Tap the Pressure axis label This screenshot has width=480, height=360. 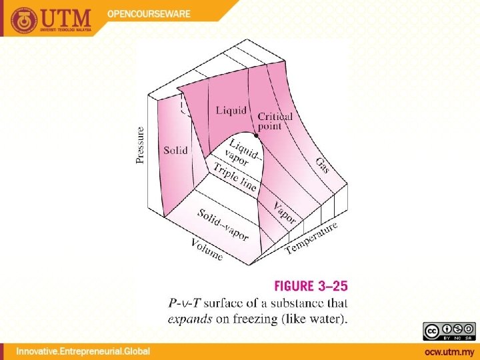pyautogui.click(x=141, y=145)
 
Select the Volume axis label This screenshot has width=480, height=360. pyautogui.click(x=207, y=249)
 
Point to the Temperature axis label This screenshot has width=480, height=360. pyautogui.click(x=311, y=238)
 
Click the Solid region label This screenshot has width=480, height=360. pyautogui.click(x=176, y=151)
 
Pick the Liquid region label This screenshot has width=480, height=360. pyautogui.click(x=231, y=110)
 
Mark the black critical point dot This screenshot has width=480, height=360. pyautogui.click(x=256, y=135)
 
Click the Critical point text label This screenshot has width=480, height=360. pyautogui.click(x=275, y=121)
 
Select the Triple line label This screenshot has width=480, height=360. pyautogui.click(x=235, y=175)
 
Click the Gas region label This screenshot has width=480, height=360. pyautogui.click(x=322, y=165)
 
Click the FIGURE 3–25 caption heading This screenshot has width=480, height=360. pyautogui.click(x=311, y=287)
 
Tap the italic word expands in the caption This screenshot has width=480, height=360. pyautogui.click(x=189, y=319)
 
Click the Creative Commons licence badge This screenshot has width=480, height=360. pyautogui.click(x=448, y=332)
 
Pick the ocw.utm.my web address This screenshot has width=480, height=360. pyautogui.click(x=449, y=351)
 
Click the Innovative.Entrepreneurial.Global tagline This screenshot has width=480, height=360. pyautogui.click(x=83, y=351)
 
